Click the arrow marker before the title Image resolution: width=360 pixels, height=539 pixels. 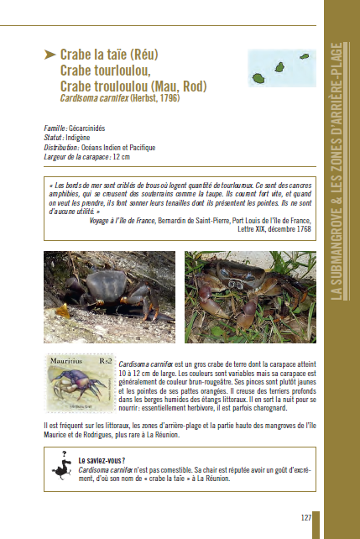point(50,55)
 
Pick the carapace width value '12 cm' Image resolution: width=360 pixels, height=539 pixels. point(121,156)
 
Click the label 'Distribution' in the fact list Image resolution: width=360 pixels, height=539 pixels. point(64,147)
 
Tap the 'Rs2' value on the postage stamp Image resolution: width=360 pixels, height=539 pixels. point(105,361)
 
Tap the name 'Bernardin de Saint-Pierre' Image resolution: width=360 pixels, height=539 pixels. point(203,219)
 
